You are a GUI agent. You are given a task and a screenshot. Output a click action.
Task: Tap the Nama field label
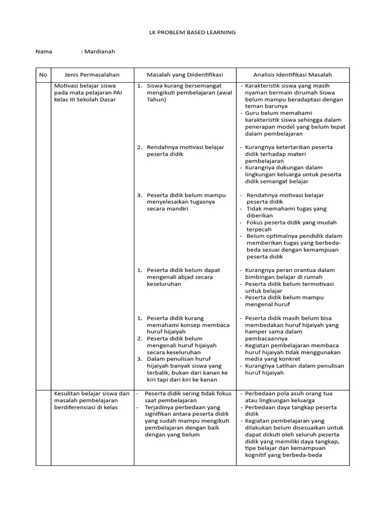coord(44,52)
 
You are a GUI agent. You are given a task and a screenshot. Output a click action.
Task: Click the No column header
coord(43,75)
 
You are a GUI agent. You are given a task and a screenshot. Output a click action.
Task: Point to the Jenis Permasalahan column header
coord(92,75)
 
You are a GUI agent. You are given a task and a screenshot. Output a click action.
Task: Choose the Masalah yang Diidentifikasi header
coord(184,75)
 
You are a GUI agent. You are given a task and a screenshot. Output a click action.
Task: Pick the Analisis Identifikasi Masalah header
coord(293,75)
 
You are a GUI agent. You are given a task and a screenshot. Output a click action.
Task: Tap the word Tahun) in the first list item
coord(156,99)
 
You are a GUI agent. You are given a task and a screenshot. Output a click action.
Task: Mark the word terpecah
coord(259,229)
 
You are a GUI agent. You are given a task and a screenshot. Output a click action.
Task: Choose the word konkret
coord(290,359)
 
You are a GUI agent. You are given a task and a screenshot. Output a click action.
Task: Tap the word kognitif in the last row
coord(257,455)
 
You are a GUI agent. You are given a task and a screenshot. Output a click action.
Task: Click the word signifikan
coord(159,414)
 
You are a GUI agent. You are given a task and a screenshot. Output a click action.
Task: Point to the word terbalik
coord(158,373)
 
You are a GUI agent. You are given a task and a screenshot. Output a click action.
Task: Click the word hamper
coord(255,332)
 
